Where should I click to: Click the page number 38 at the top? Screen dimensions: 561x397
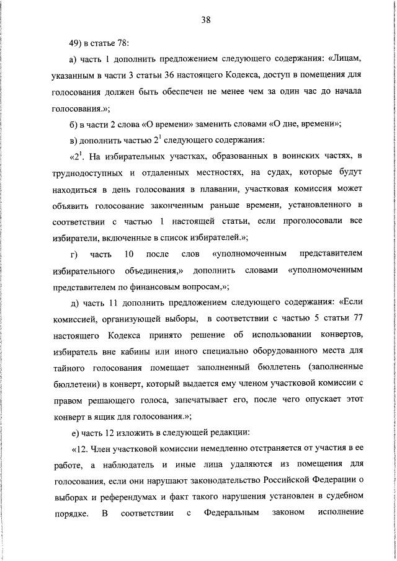(x=207, y=19)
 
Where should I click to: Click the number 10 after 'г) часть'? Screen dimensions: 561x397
(x=129, y=254)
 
